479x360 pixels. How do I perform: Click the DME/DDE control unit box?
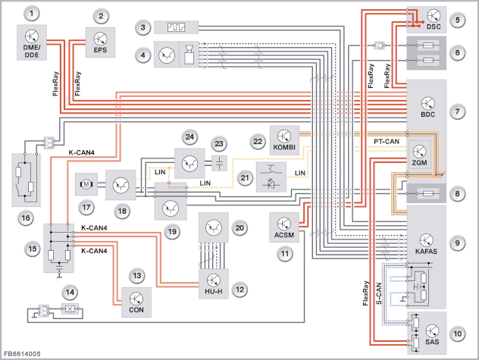pyautogui.click(x=32, y=42)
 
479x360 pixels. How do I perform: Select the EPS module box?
pyautogui.click(x=100, y=42)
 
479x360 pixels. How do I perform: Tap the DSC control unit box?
pyautogui.click(x=427, y=20)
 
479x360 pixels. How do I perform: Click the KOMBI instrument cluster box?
pyautogui.click(x=284, y=140)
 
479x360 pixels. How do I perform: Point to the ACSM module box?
pyautogui.click(x=284, y=227)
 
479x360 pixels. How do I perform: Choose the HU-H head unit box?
pyautogui.click(x=214, y=284)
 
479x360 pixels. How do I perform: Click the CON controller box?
pyautogui.click(x=136, y=302)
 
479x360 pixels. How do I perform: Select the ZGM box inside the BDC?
pyautogui.click(x=419, y=155)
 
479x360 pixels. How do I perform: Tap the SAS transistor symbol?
pyautogui.click(x=432, y=331)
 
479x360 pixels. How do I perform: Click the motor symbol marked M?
pyautogui.click(x=86, y=184)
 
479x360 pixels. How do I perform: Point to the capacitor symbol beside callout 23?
pyautogui.click(x=219, y=163)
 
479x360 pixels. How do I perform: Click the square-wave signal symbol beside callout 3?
pyautogui.click(x=176, y=27)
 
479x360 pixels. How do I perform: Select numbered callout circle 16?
pyautogui.click(x=26, y=218)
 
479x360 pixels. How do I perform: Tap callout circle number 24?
pyautogui.click(x=189, y=137)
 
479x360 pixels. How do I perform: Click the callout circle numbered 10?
pyautogui.click(x=457, y=333)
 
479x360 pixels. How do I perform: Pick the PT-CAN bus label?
pyautogui.click(x=387, y=142)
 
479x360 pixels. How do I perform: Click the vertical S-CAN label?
pyautogui.click(x=379, y=294)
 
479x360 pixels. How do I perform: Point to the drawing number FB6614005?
pyautogui.click(x=22, y=354)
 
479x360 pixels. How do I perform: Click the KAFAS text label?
pyautogui.click(x=426, y=252)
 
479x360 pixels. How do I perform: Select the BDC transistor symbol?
pyautogui.click(x=427, y=104)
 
